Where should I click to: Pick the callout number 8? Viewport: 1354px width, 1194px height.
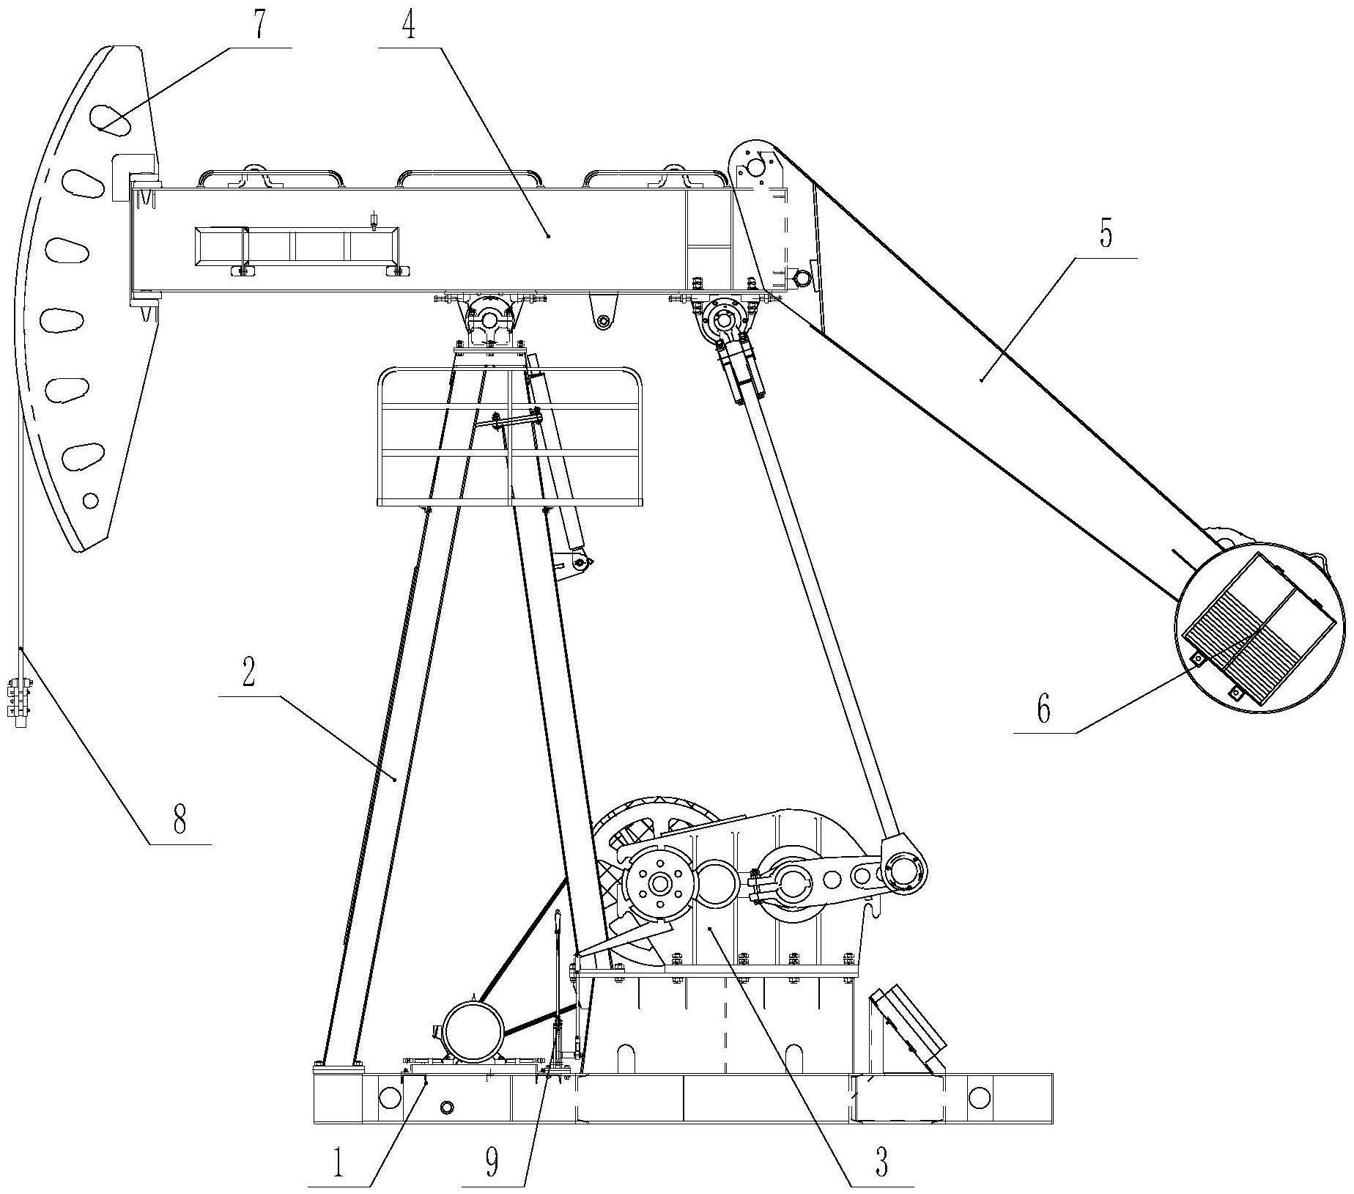tap(180, 819)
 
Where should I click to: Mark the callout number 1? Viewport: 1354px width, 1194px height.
tap(338, 1163)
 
